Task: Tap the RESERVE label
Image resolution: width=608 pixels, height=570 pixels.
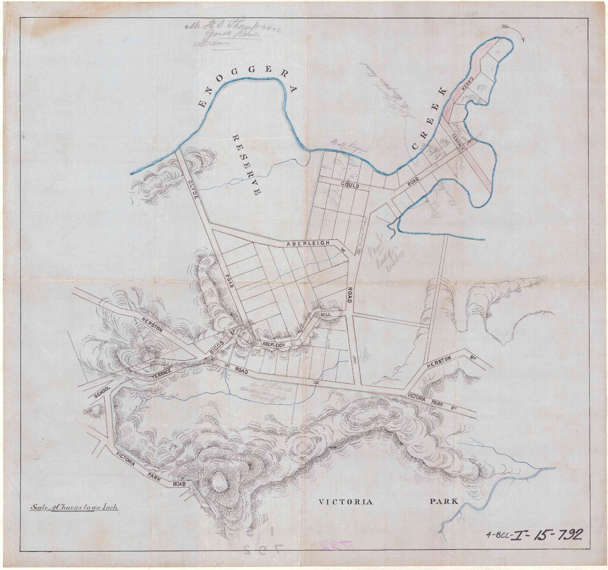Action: click(245, 164)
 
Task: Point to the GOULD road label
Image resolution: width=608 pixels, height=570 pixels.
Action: click(350, 185)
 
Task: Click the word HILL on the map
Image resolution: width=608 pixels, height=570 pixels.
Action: click(326, 315)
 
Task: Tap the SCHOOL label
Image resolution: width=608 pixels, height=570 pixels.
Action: click(102, 391)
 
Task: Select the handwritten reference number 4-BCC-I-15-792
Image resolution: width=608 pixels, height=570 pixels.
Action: click(534, 533)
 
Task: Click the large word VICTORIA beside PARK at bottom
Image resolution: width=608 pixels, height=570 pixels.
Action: click(345, 502)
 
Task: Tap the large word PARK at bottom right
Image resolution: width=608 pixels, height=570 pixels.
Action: click(444, 501)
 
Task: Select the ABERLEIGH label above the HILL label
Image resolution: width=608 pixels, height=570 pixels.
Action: click(308, 244)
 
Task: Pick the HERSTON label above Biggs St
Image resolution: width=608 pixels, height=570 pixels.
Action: click(151, 324)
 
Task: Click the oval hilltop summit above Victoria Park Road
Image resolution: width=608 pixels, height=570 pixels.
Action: click(220, 482)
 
